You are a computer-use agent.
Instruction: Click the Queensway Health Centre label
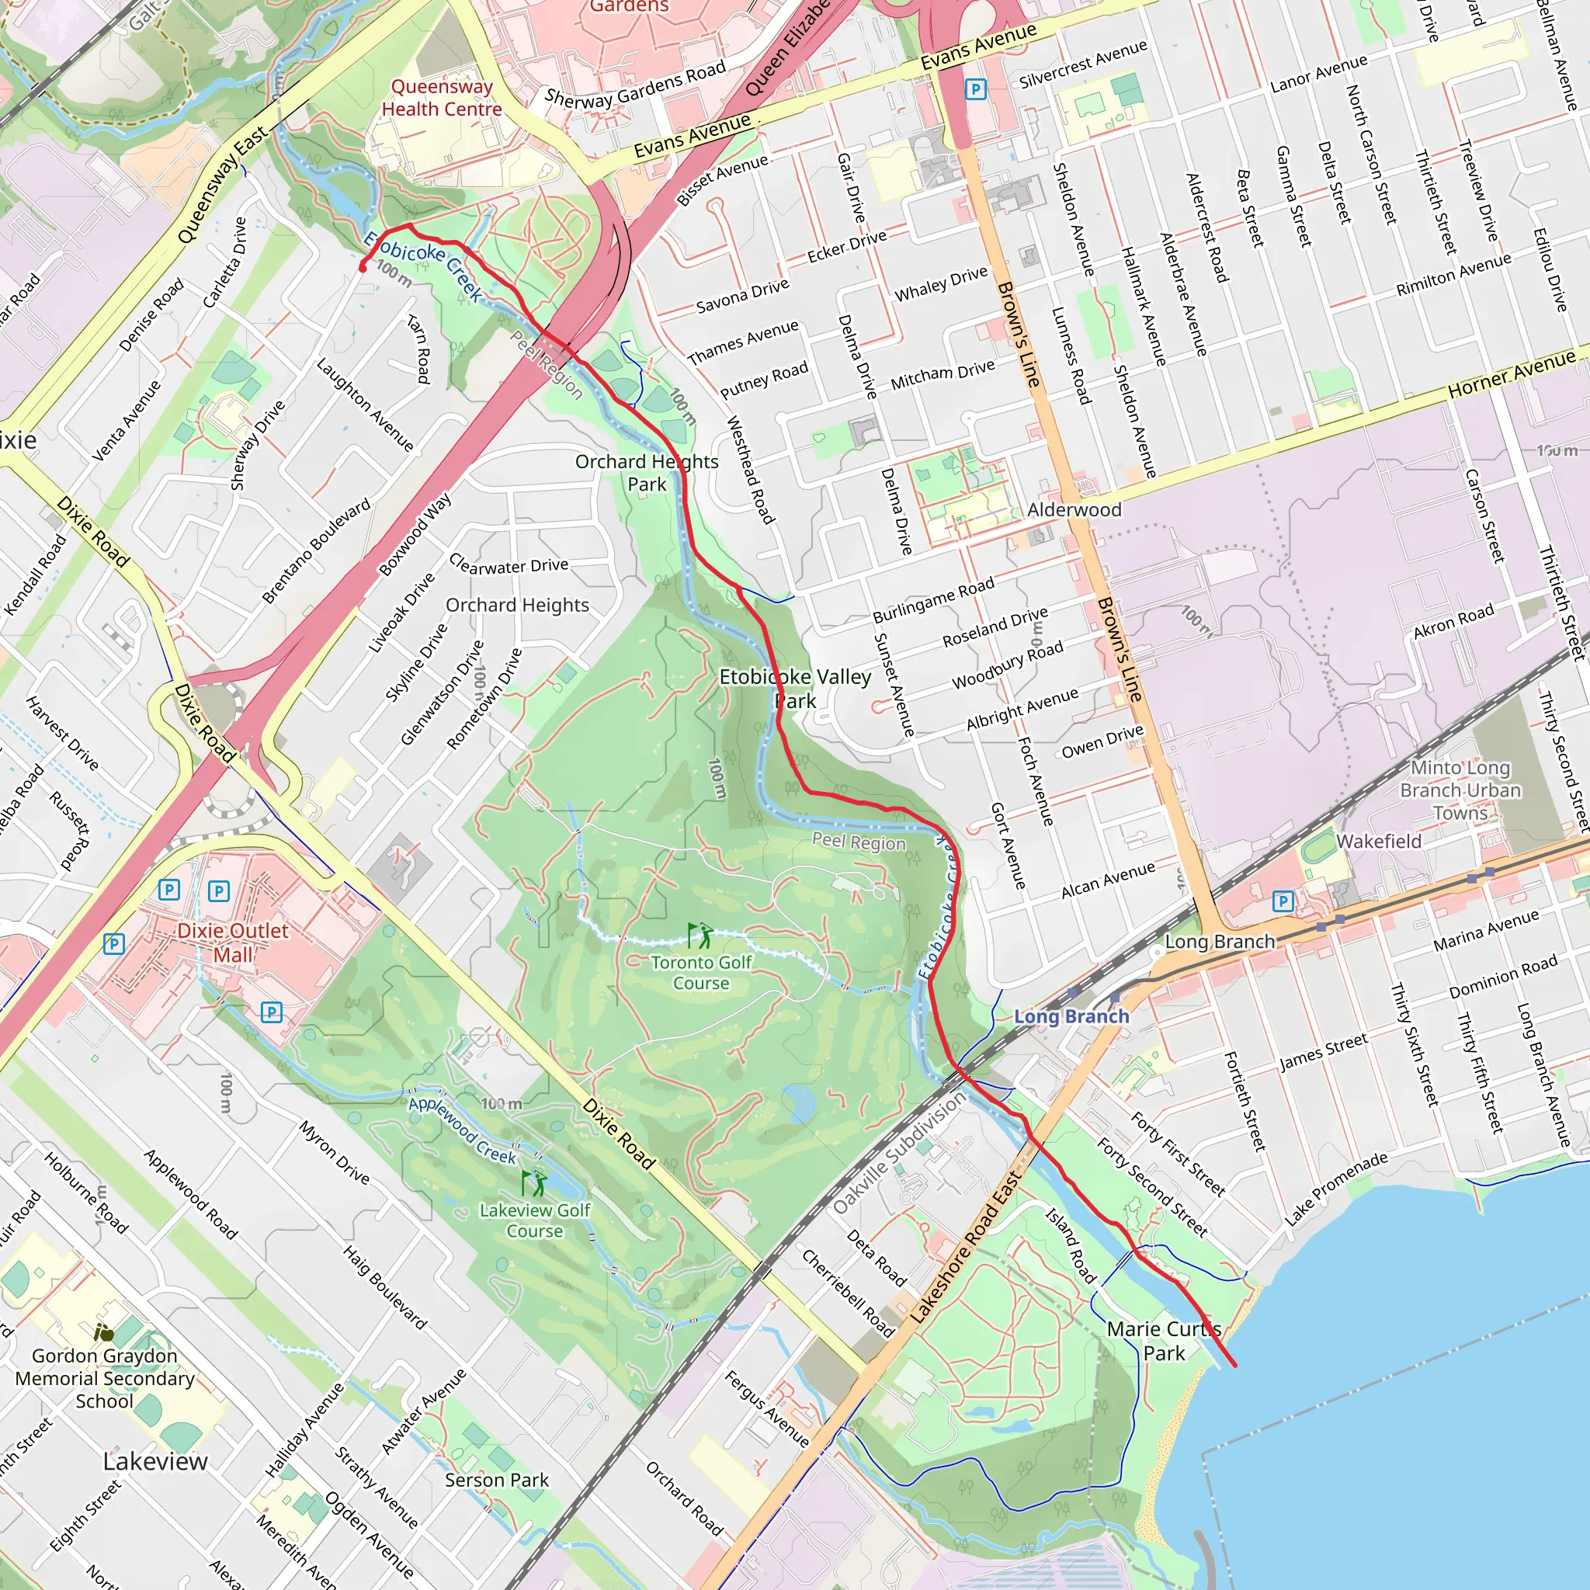pos(442,98)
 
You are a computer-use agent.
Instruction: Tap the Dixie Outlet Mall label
pos(233,943)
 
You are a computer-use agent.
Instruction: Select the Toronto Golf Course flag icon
pos(700,935)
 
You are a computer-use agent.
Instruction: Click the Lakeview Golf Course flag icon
pos(534,1183)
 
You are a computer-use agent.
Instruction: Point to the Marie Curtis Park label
pos(1164,1341)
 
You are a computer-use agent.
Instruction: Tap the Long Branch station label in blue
pos(1071,1016)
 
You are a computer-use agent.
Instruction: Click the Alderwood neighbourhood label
pos(1074,509)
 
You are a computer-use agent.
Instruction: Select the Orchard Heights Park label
pos(647,472)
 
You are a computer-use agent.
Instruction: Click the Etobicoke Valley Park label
pos(795,688)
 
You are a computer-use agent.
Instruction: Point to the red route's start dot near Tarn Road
pos(363,268)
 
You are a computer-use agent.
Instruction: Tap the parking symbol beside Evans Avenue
pos(975,89)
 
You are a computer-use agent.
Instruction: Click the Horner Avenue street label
pos(1512,373)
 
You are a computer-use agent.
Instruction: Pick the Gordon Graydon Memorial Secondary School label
pos(105,1378)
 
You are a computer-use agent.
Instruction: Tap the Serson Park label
pos(496,1480)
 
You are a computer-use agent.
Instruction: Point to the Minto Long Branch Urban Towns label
pos(1460,790)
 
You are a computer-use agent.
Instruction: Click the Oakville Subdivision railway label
pos(900,1152)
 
